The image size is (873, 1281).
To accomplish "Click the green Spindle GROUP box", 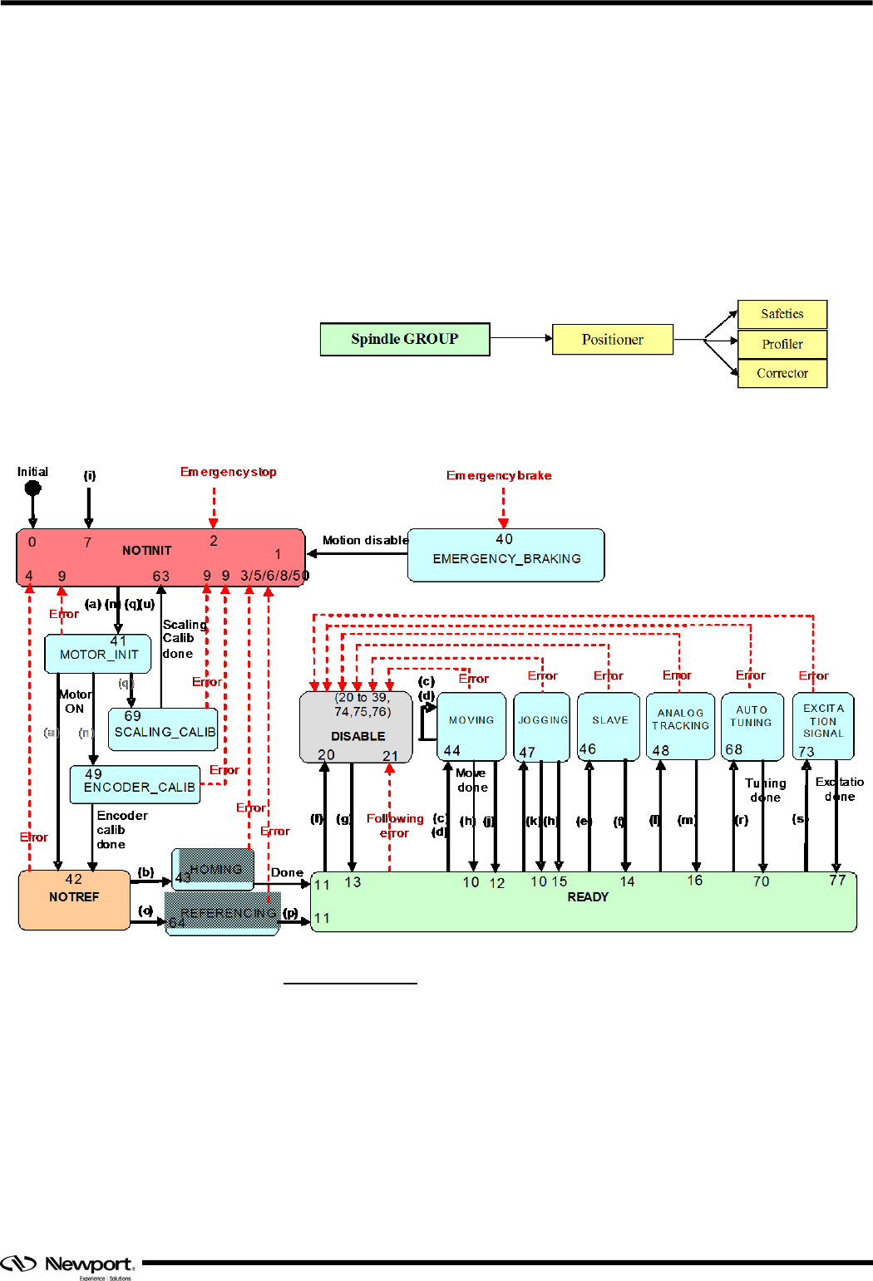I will coord(405,339).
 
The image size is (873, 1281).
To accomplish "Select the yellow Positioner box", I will coord(613,340).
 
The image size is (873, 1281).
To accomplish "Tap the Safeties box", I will coord(782,314).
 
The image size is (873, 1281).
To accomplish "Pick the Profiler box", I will coord(782,344).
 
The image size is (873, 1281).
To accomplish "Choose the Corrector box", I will coord(782,374).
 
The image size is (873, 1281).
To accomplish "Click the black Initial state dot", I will coord(33,488).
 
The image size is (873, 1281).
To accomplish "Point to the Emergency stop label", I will coord(228,472).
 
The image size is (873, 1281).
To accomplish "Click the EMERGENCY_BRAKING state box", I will coord(506,555).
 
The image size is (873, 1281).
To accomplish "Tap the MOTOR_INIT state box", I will coord(98,654).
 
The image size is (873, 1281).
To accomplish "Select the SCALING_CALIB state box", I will coord(163,729).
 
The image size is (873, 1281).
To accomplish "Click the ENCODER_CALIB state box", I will coord(136,785).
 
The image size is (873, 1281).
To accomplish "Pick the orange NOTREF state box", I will coord(74,900).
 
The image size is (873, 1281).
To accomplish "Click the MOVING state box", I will coord(471,726).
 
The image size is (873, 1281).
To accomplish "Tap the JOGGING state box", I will coord(542,726).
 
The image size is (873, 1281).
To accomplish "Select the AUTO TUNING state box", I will coord(752,726).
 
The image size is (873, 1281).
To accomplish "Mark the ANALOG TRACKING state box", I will coord(680,726).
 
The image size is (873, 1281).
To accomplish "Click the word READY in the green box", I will coord(588,897).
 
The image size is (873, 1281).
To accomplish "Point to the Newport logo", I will coord(67,1265).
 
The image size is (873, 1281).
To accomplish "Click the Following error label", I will coord(395,826).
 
